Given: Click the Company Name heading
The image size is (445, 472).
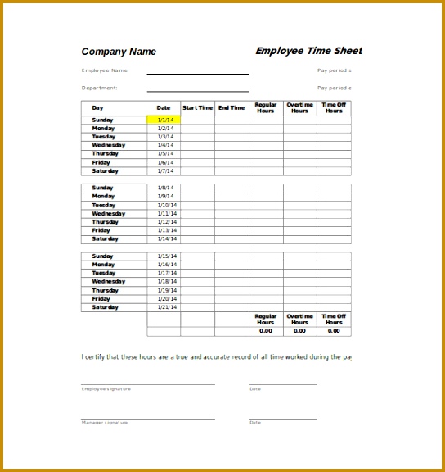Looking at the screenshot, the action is click(x=119, y=52).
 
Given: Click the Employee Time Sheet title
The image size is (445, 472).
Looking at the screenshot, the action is click(x=308, y=51).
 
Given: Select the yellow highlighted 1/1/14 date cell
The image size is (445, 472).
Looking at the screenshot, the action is click(x=164, y=120).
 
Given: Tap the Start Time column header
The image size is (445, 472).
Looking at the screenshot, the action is click(x=197, y=108).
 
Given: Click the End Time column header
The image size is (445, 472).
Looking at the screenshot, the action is click(x=231, y=108).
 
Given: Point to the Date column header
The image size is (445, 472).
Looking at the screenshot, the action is click(x=164, y=108).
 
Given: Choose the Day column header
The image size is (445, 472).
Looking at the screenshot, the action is click(x=98, y=108).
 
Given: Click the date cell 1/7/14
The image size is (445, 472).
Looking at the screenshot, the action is click(x=164, y=171).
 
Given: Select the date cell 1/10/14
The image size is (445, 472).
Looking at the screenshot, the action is click(x=166, y=205).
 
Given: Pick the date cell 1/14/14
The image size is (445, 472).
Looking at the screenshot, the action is click(x=166, y=239).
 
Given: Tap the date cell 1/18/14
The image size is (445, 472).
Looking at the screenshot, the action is click(x=166, y=282).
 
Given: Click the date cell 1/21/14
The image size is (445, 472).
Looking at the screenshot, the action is click(x=166, y=307).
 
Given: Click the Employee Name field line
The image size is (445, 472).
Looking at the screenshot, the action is click(x=198, y=74).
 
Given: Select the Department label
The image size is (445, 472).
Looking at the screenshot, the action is click(x=100, y=88).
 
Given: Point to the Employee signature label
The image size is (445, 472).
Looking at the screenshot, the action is click(x=105, y=388).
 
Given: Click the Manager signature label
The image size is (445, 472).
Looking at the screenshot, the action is click(x=104, y=422).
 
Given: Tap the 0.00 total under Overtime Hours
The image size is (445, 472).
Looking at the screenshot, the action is click(x=300, y=331).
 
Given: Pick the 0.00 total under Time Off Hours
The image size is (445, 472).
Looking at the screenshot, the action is click(x=334, y=331).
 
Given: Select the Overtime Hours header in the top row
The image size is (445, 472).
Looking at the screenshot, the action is click(x=300, y=108).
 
